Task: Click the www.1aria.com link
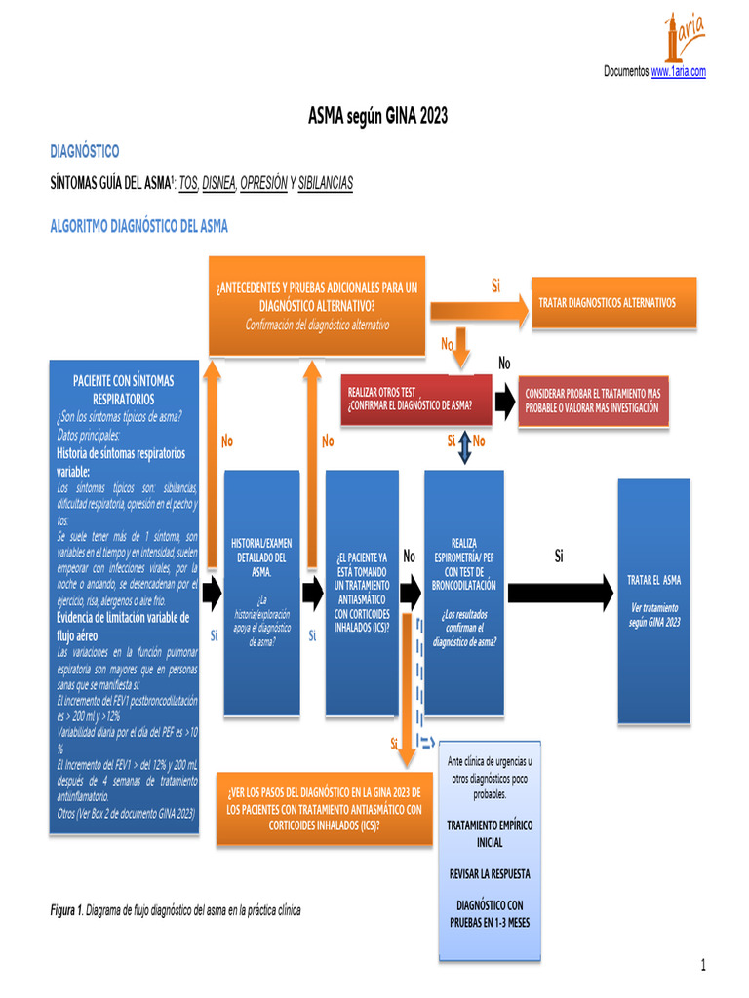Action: point(678,72)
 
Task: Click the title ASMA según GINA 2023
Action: point(377,117)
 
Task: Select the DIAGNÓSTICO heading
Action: point(85,151)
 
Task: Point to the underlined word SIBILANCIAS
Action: point(325,183)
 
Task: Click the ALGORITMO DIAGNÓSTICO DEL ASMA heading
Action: point(139,227)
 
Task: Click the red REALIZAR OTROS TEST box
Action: point(410,399)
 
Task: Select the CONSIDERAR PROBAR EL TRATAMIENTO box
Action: point(593,400)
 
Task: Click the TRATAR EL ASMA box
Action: point(653,599)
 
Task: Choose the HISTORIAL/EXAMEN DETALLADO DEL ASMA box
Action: point(259,592)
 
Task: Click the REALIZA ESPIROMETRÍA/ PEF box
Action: point(463,592)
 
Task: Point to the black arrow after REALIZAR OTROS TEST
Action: point(503,400)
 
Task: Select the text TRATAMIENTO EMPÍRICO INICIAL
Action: point(490,833)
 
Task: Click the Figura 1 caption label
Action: point(66,910)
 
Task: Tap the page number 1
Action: point(702,965)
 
